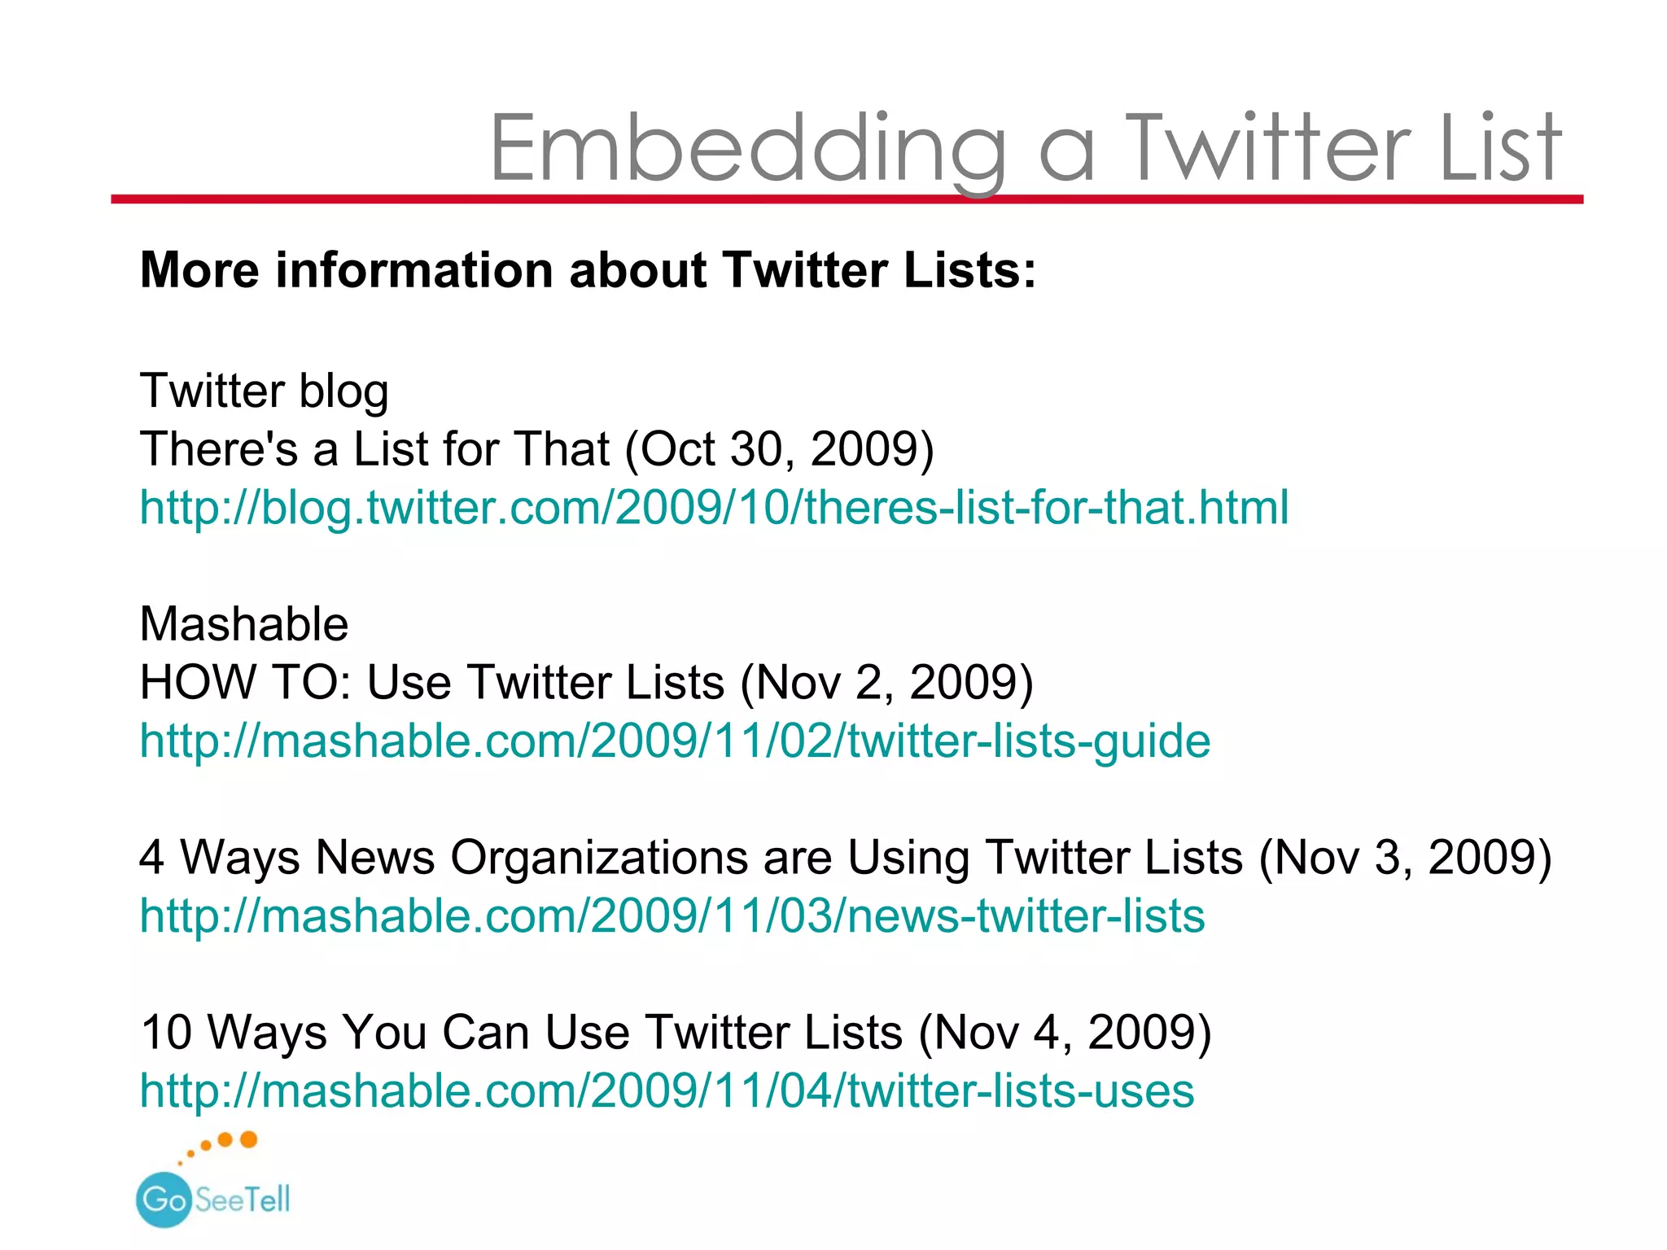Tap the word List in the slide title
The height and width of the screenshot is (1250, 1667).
point(1499,148)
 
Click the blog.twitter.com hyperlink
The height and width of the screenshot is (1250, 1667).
point(714,508)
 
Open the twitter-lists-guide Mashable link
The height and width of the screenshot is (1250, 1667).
point(675,741)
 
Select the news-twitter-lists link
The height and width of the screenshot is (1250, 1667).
point(672,916)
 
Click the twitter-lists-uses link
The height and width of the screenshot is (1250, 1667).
point(667,1090)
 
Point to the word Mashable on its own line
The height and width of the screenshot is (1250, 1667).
point(244,624)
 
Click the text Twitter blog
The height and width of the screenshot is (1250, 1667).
point(264,391)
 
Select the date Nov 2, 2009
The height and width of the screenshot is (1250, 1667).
point(886,682)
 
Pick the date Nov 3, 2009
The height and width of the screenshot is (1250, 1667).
point(1406,858)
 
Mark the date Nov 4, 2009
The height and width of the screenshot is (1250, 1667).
point(1065,1033)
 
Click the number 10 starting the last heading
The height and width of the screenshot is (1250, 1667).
point(166,1033)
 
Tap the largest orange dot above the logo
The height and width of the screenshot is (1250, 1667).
point(249,1139)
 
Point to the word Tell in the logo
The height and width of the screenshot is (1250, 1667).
point(266,1200)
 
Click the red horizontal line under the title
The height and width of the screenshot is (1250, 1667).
point(847,199)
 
